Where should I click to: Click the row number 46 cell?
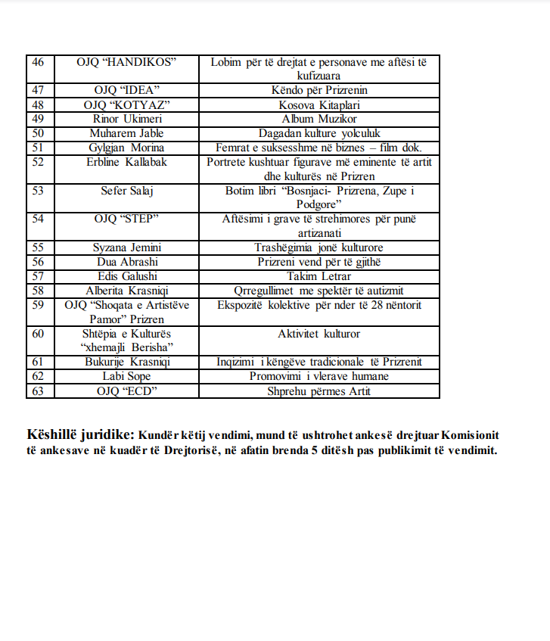tap(38, 62)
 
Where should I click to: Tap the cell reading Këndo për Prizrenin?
tap(319, 91)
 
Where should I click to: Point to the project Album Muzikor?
tap(319, 120)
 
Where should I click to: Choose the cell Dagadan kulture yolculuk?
tap(319, 134)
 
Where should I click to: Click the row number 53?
tap(38, 191)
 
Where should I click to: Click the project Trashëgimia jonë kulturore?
tap(319, 248)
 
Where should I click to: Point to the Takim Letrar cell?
tap(319, 277)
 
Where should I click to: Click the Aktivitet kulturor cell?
tap(319, 334)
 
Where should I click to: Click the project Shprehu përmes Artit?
tap(319, 391)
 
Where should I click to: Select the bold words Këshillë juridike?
tap(80, 436)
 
